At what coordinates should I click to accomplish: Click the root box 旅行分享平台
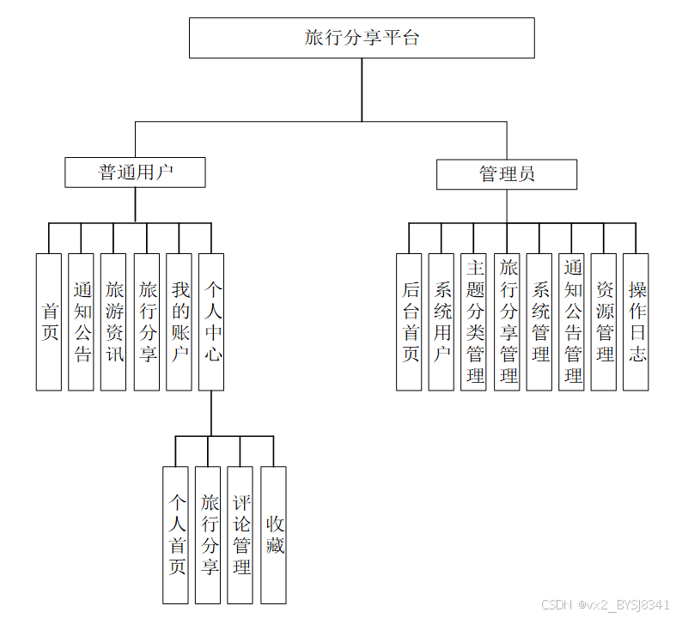pyautogui.click(x=362, y=37)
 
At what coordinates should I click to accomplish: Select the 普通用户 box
pyautogui.click(x=135, y=172)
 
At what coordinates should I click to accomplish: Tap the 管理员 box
pyautogui.click(x=506, y=174)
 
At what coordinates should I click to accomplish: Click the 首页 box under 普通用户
pyautogui.click(x=49, y=322)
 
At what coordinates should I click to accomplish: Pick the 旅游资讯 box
pyautogui.click(x=113, y=322)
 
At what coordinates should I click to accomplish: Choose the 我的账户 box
pyautogui.click(x=179, y=322)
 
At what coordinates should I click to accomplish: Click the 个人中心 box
pyautogui.click(x=211, y=322)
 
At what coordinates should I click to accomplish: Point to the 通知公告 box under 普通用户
pyautogui.click(x=82, y=322)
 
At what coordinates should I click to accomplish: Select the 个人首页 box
pyautogui.click(x=175, y=535)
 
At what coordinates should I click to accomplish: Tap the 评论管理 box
pyautogui.click(x=240, y=535)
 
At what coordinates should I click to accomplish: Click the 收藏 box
pyautogui.click(x=273, y=535)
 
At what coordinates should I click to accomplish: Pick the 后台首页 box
pyautogui.click(x=409, y=322)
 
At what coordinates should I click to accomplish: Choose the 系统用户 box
pyautogui.click(x=441, y=322)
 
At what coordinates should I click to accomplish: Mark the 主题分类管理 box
pyautogui.click(x=474, y=322)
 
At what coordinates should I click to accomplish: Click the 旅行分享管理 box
pyautogui.click(x=507, y=322)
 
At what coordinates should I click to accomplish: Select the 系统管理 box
pyautogui.click(x=539, y=322)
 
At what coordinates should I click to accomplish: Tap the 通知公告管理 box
pyautogui.click(x=572, y=322)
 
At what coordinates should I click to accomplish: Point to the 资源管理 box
pyautogui.click(x=604, y=322)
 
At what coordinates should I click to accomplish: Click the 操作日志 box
pyautogui.click(x=636, y=322)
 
